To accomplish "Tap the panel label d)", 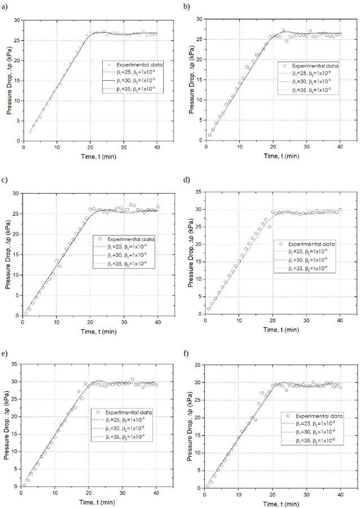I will point(187,180).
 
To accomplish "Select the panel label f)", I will point(187,355).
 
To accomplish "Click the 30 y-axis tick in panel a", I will point(17,20).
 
